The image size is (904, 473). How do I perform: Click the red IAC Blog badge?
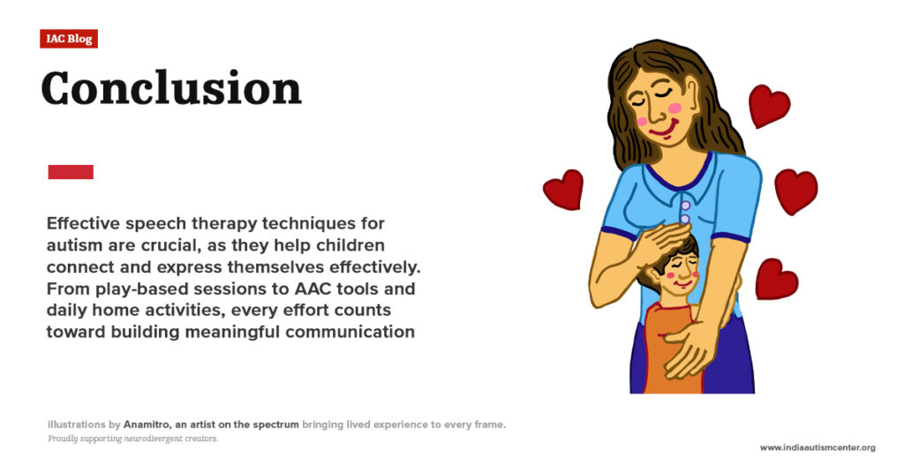[x=68, y=39]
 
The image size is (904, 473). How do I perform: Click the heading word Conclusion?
[x=171, y=88]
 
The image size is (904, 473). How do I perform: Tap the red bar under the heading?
[x=71, y=172]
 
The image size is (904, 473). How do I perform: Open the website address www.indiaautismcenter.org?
[x=817, y=447]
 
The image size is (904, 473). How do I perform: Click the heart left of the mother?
[x=563, y=189]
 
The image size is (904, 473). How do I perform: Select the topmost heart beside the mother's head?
[x=768, y=106]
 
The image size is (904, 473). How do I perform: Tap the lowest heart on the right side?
[x=776, y=279]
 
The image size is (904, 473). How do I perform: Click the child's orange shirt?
[x=673, y=353]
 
